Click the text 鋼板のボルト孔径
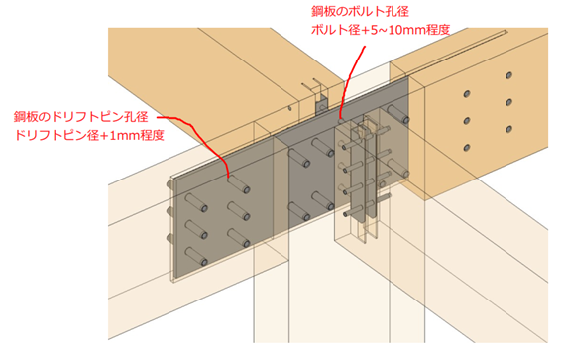tap(360, 11)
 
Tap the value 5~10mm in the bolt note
tap(398, 29)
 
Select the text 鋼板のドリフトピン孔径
tap(80, 117)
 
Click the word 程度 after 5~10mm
tap(438, 29)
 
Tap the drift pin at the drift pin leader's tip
tap(238, 184)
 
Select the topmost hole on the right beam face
tap(508, 75)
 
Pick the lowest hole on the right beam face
tap(467, 147)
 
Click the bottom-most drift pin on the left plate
tap(197, 256)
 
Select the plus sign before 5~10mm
tap(365, 30)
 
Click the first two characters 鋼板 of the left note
tap(26, 117)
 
